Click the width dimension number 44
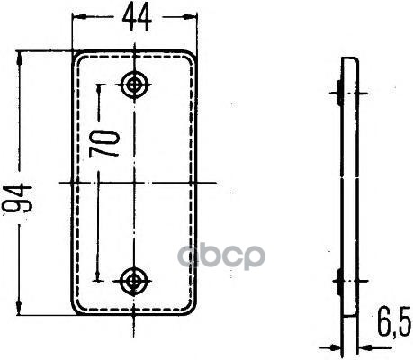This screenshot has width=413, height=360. click(x=137, y=18)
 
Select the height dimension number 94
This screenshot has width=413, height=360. click(x=17, y=198)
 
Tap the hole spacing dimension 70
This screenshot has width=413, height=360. click(x=103, y=144)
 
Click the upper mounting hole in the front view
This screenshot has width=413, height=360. click(x=134, y=85)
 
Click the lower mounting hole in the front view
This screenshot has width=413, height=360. click(x=133, y=281)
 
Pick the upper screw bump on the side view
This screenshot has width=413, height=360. click(x=338, y=93)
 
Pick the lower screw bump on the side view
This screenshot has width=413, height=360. click(x=338, y=282)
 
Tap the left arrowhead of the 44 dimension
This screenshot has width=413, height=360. click(x=77, y=17)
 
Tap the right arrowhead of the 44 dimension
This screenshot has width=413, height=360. click(x=193, y=18)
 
